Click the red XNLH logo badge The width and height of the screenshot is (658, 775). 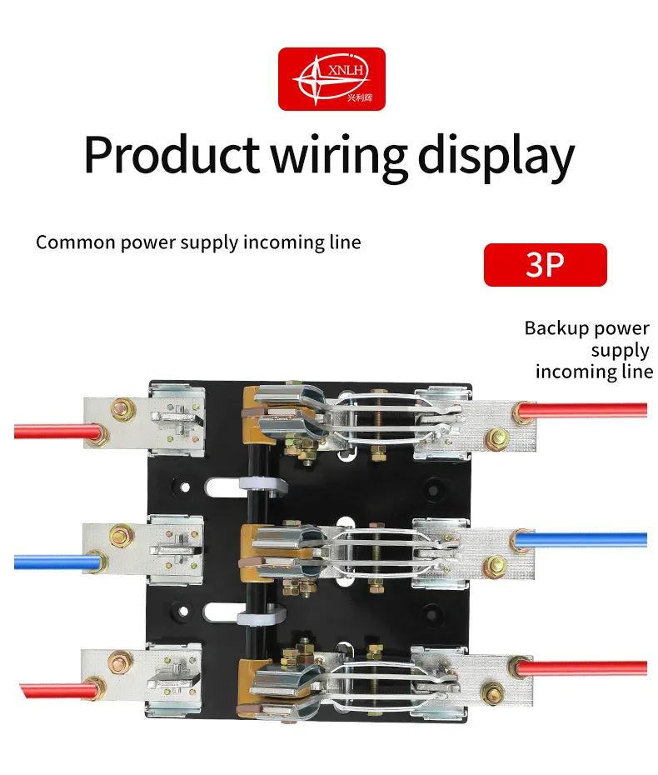coord(331,79)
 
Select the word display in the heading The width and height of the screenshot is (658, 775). coord(496,157)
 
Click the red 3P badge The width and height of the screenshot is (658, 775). coord(546,265)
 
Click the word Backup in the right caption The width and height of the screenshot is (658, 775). coord(552,328)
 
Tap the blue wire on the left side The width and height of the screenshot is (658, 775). coord(58,562)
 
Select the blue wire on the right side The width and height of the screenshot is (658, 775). coord(581,540)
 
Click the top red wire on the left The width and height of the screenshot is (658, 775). coord(57,432)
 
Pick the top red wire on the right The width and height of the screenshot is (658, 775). coord(582,410)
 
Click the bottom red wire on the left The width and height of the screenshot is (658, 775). coord(58,690)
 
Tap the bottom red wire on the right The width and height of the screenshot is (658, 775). coord(582,668)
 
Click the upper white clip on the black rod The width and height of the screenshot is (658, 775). coord(263,485)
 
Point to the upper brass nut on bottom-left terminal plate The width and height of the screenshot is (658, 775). coord(120,662)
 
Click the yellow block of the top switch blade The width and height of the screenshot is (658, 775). coord(253,416)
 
